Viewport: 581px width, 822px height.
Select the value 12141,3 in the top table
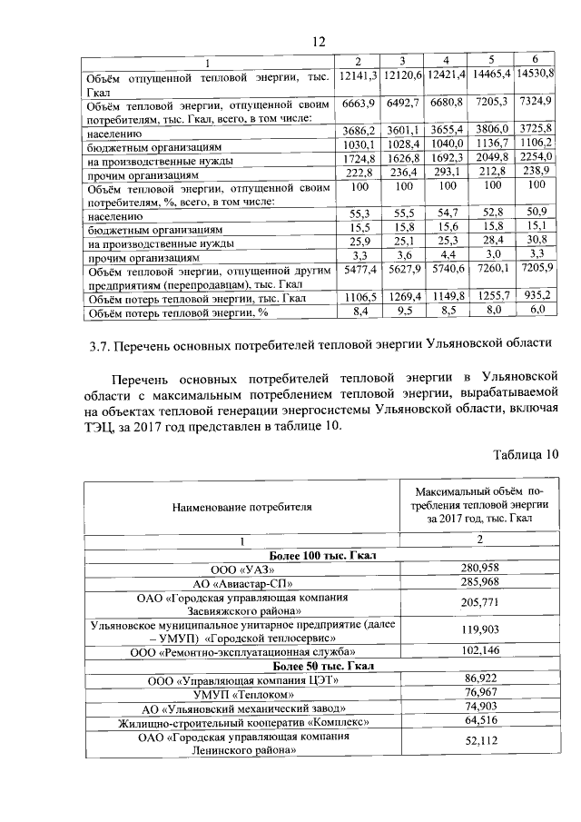(x=359, y=74)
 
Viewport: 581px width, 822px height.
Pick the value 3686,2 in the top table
(x=359, y=132)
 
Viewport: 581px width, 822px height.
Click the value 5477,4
(x=359, y=271)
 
